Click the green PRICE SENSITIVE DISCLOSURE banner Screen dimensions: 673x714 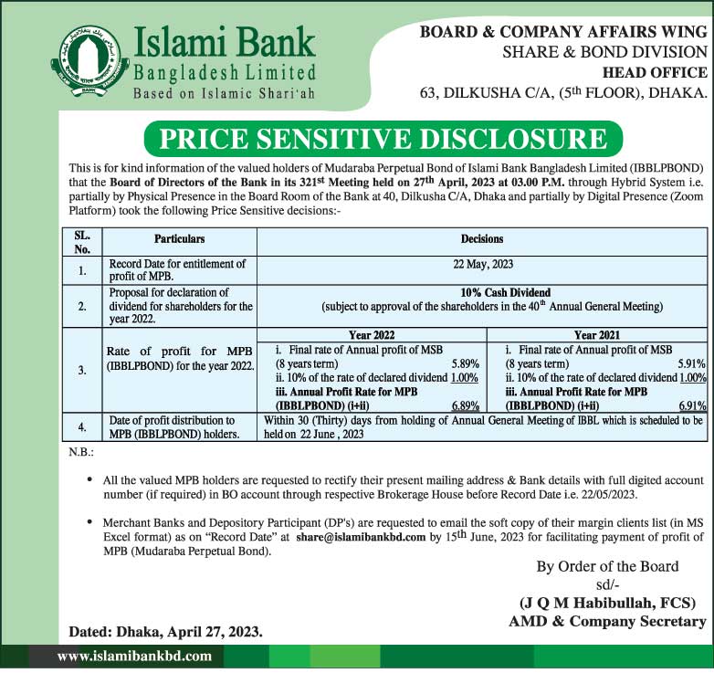point(383,139)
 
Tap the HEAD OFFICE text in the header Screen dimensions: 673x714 point(655,72)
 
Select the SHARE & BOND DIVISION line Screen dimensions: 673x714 point(604,52)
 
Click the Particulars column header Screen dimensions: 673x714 point(178,239)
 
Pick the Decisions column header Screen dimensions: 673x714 point(482,239)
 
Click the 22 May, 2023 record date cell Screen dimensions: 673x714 point(482,264)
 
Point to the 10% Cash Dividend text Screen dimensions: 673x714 point(482,292)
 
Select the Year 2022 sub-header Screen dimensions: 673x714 point(377,335)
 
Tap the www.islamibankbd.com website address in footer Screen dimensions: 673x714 point(134,656)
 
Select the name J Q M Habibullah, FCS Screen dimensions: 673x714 point(601,604)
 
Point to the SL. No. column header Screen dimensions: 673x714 point(81,241)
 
